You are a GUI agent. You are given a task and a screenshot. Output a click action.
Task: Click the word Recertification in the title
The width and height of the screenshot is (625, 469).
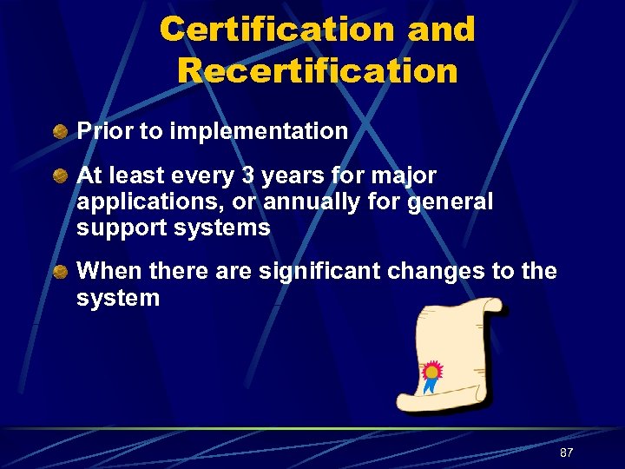tap(318, 70)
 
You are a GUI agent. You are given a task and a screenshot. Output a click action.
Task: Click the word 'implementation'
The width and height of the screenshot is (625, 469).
tap(260, 132)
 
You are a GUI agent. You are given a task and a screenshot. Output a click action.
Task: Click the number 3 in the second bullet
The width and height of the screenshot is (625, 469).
tap(248, 176)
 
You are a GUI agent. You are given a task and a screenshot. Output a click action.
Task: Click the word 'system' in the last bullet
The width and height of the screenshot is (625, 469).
tap(118, 298)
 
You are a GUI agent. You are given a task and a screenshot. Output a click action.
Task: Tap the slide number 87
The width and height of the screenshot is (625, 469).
tap(566, 452)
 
